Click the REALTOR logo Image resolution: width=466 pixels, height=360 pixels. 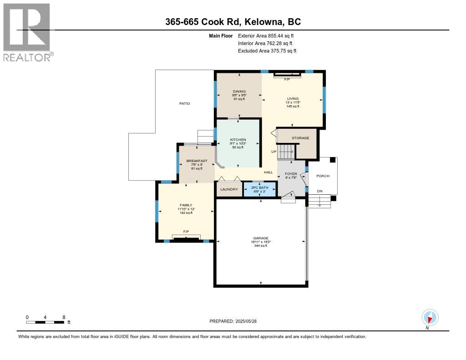pos(28,32)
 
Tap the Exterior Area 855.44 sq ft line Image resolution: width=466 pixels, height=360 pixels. pos(266,35)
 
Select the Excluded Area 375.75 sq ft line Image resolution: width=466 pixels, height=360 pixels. pos(267,51)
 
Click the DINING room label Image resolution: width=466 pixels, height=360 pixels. pos(239,91)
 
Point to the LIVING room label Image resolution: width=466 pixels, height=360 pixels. pos(293,99)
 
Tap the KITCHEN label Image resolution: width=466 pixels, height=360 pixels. pos(238,140)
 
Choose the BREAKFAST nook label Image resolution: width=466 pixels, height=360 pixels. pos(197,161)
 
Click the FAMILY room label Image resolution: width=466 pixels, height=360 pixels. pos(186,205)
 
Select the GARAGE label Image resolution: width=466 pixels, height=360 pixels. pos(261,238)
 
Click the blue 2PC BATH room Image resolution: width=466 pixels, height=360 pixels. pos(260,189)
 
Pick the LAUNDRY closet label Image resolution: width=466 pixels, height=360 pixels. pos(229,189)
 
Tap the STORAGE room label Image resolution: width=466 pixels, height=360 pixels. pos(300,138)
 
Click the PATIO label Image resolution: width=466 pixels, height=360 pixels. pos(185,103)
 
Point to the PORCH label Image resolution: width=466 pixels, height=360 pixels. pos(323,176)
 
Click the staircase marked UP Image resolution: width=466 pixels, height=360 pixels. pos(286,152)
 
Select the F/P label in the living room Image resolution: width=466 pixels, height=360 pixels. pos(287,80)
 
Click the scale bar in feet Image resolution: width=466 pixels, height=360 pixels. pos(45,322)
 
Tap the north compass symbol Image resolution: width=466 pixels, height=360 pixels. pos(430,318)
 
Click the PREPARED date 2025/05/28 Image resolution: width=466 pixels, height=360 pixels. pos(233,321)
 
